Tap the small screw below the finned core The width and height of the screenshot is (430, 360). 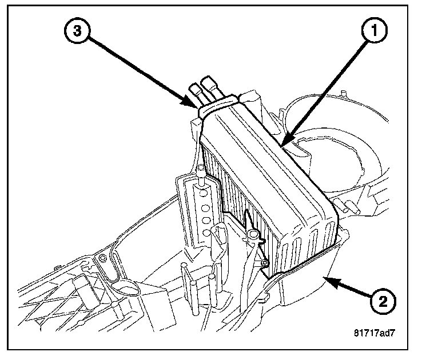[264, 263]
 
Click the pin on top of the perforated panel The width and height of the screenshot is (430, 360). [202, 170]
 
